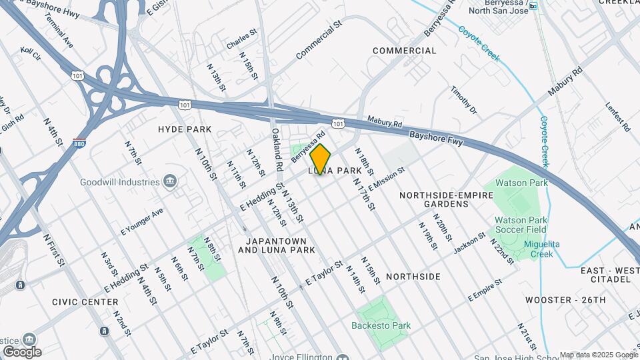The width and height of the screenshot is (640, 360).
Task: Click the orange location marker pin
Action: [321, 159]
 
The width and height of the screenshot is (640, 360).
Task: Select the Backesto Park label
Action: [381, 325]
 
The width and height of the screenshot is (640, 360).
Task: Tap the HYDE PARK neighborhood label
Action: [185, 129]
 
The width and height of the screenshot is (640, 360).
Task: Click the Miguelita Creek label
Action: [541, 249]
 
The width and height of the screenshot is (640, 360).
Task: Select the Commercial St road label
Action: [319, 39]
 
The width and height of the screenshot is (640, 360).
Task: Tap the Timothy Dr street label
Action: [464, 99]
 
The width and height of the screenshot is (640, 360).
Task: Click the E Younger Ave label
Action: [141, 223]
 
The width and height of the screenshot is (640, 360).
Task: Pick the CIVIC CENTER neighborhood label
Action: [85, 302]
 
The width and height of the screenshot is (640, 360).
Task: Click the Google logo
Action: [22, 352]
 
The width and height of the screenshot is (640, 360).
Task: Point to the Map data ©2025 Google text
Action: [598, 355]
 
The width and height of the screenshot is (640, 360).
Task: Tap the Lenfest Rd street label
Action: [617, 116]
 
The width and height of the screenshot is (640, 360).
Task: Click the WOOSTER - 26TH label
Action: [565, 300]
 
